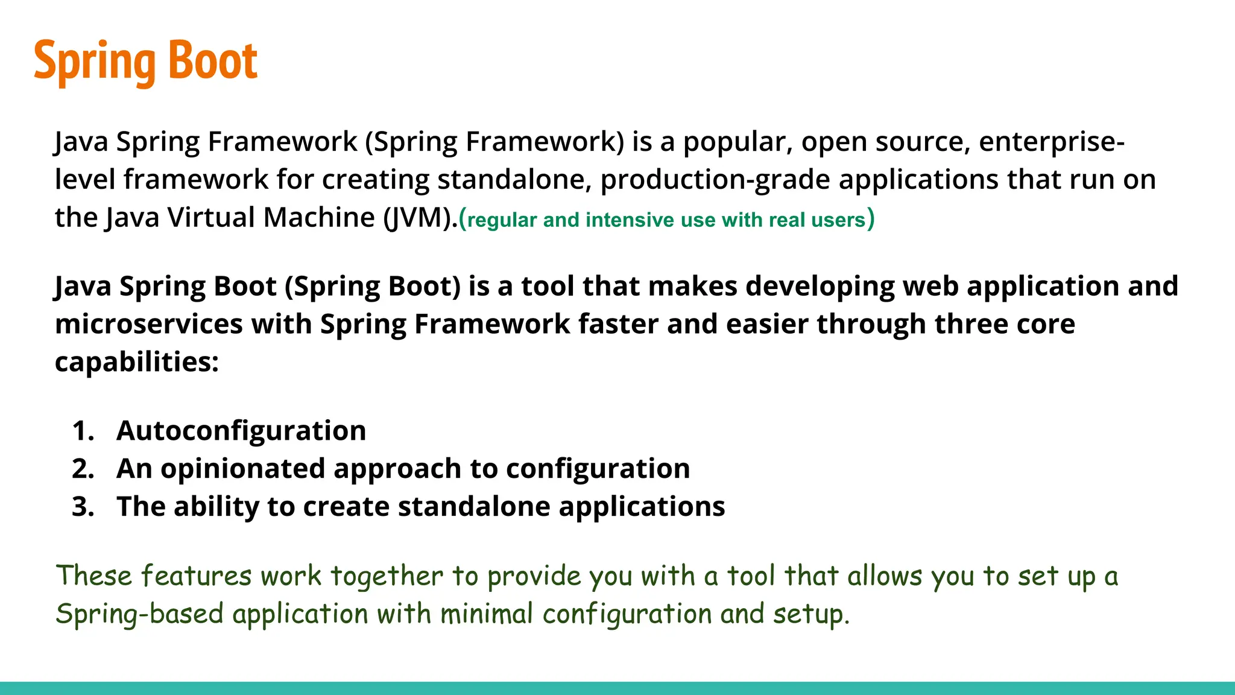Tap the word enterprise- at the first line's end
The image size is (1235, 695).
1051,142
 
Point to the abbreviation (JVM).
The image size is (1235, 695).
420,218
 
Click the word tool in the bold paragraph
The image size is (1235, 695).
548,286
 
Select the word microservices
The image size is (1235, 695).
148,324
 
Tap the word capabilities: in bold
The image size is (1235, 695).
136,362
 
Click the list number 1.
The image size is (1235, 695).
83,431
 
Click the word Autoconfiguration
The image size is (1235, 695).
241,431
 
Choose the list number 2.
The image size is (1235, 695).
83,469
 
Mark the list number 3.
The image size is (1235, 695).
83,507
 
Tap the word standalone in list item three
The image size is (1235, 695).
474,507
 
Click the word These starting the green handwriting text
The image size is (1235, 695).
93,576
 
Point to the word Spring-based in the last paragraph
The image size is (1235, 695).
140,614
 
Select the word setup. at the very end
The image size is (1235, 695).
811,614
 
